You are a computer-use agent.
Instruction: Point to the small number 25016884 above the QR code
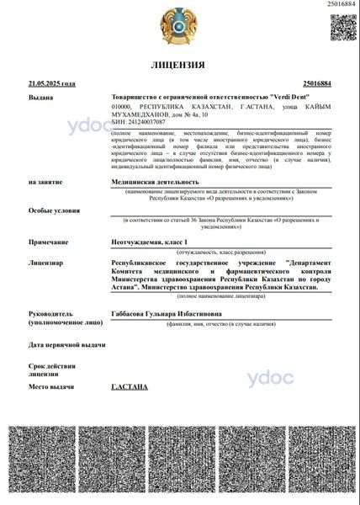(341, 6)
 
